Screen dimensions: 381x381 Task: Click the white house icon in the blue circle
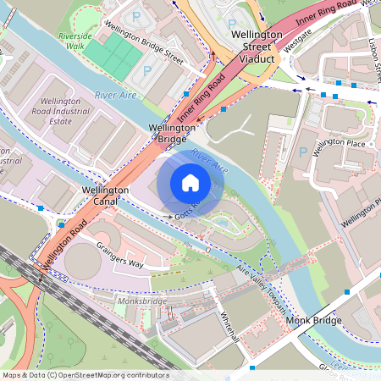190,182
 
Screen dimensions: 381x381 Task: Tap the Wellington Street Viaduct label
264,47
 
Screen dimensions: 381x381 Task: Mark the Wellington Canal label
105,196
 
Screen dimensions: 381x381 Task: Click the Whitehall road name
230,325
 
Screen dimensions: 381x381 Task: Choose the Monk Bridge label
312,322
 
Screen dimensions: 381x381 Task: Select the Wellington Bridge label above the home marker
173,134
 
